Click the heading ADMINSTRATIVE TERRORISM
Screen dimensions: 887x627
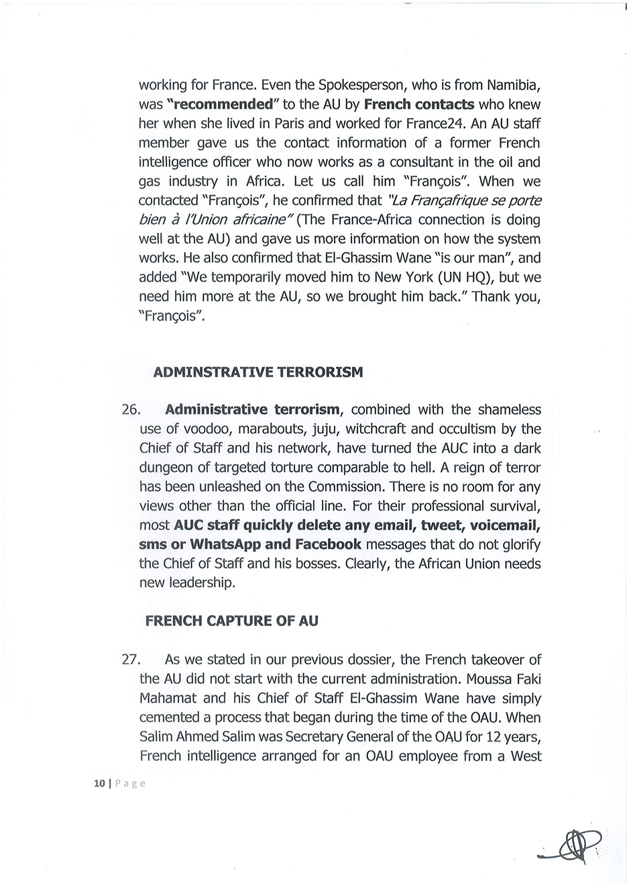coord(258,372)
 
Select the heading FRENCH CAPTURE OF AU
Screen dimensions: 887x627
coord(231,621)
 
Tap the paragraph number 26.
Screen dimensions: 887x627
coord(131,410)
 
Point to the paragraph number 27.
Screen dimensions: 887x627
coord(131,660)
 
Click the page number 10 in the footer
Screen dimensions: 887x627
coord(100,782)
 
